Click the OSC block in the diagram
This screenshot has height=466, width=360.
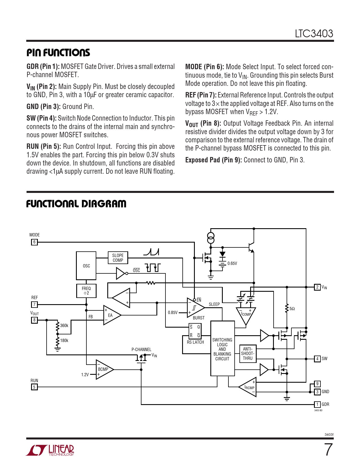(86, 266)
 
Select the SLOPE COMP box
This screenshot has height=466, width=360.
(118, 258)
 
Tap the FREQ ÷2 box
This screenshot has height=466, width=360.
(86, 291)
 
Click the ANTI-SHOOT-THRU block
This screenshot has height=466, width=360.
(248, 354)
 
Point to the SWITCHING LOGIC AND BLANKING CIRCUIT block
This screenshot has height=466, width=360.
(222, 349)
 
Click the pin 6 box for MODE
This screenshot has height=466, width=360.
(34, 242)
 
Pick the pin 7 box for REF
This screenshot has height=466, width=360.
(34, 304)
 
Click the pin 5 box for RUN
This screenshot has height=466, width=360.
(34, 387)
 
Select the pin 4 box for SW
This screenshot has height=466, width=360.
(317, 359)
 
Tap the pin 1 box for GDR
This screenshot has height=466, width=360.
(317, 404)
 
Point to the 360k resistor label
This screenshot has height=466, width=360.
(64, 326)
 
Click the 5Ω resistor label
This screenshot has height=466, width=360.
(292, 309)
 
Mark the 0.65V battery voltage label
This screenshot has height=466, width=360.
(232, 264)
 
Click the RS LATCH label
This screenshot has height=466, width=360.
(195, 342)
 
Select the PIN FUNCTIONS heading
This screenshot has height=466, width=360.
(58, 53)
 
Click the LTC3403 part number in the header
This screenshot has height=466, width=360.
(314, 34)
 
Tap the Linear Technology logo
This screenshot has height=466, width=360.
(50, 450)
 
